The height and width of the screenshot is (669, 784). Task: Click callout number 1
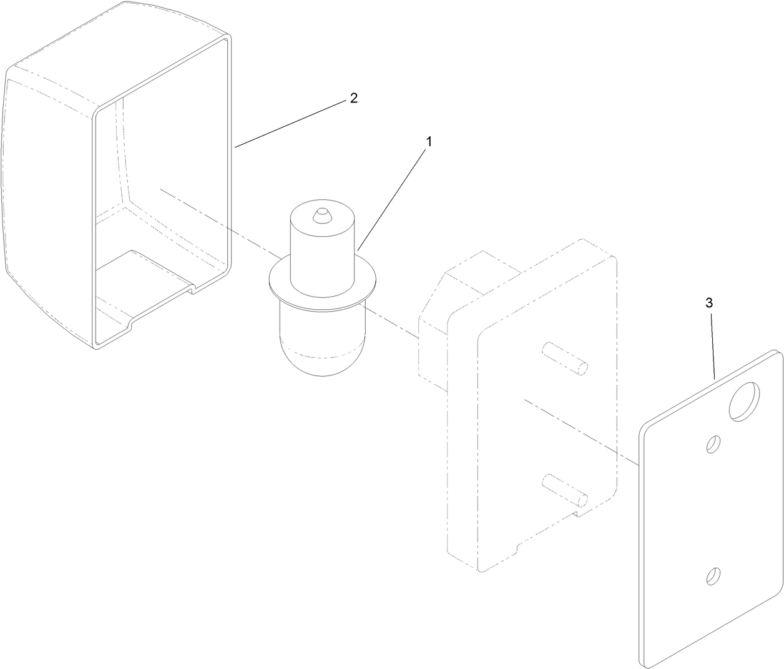pos(429,142)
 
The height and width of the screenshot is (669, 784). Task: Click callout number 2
pos(353,98)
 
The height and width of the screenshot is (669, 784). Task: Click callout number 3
pos(709,303)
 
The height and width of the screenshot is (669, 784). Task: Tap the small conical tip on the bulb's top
pos(321,215)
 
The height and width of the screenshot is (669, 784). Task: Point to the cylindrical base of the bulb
pos(322,247)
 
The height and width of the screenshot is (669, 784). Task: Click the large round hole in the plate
pos(744,401)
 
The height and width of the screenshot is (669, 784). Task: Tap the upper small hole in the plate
pos(713,444)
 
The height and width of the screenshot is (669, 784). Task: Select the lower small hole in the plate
pos(713,576)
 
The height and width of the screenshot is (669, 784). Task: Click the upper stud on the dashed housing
pos(565,359)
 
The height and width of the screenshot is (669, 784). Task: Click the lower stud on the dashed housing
pos(565,490)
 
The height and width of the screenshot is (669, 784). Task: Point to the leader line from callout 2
pos(290,124)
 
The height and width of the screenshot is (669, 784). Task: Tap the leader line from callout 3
pos(712,346)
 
